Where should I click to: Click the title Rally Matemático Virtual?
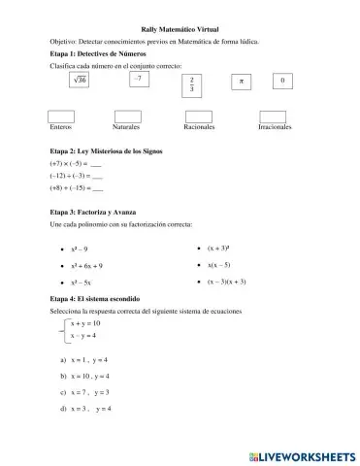coord(180,30)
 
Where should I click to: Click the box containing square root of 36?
coord(80,82)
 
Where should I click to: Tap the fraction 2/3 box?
coord(192,85)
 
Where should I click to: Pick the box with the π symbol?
coord(241,82)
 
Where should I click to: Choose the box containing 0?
coord(282,82)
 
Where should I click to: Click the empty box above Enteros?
coord(61,116)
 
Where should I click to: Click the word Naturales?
coord(126,128)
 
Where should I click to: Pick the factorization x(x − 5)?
coord(218,264)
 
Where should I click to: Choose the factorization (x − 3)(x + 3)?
coord(227,282)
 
